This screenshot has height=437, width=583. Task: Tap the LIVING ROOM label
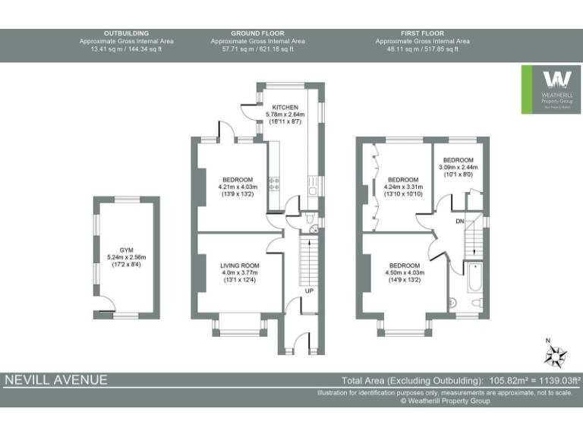(239, 265)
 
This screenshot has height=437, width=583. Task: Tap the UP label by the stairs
(308, 291)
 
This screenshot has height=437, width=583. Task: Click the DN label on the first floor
(459, 221)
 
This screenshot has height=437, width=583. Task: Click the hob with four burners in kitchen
(275, 183)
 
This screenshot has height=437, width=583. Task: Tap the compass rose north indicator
(559, 353)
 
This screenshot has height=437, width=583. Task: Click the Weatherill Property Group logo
(550, 90)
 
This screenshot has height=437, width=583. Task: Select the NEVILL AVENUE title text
(57, 379)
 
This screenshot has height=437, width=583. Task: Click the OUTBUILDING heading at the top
(126, 33)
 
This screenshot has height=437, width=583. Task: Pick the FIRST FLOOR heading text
(422, 33)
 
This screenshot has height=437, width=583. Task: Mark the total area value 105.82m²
(504, 380)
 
